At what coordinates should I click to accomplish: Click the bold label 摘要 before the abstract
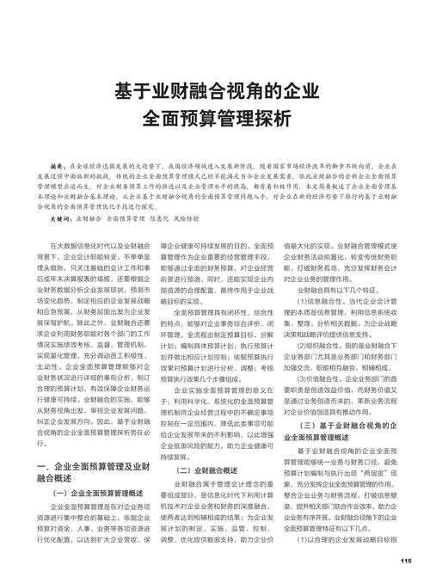[58, 164]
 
